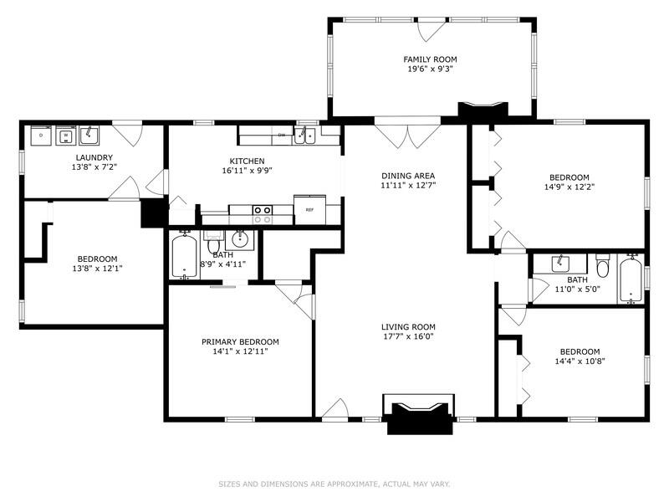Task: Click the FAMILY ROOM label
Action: (x=431, y=59)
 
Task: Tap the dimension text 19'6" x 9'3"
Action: (x=431, y=70)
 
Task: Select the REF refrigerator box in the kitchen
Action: (x=309, y=209)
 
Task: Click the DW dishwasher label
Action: (x=282, y=135)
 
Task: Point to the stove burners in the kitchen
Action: (x=263, y=214)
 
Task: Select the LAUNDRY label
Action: (x=94, y=157)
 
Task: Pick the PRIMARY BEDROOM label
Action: (x=240, y=341)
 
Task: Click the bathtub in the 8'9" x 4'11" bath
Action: (x=183, y=257)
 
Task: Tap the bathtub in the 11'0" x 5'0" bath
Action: (x=631, y=279)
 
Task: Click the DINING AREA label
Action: (x=408, y=174)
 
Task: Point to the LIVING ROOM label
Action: (x=408, y=327)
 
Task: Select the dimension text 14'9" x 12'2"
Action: (x=569, y=187)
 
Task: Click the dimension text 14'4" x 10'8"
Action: (x=580, y=361)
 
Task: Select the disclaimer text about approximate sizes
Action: (x=334, y=484)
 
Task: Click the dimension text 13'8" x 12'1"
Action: (x=97, y=269)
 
